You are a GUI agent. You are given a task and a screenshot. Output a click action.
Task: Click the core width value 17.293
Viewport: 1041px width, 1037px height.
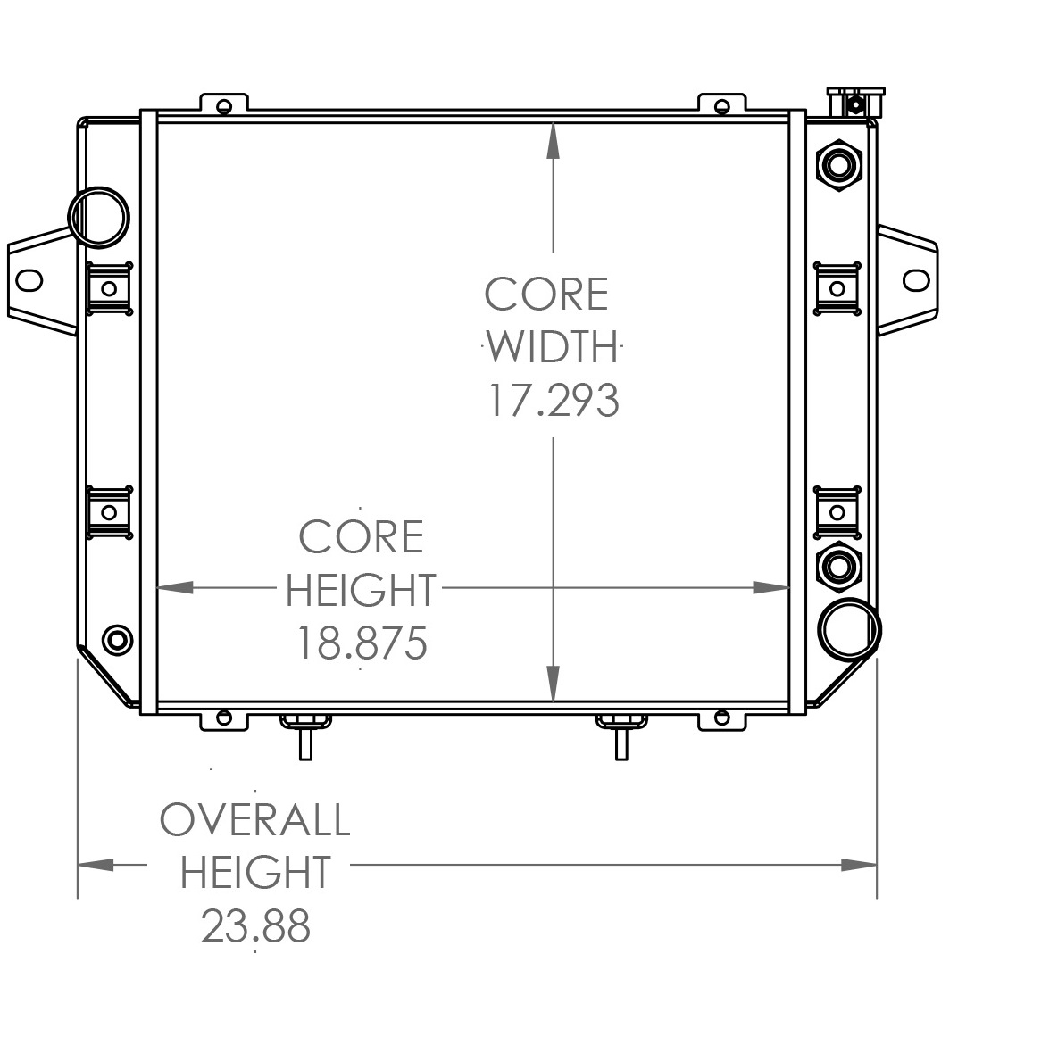click(552, 400)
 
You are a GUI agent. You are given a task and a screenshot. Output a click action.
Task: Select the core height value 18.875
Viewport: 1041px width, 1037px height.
click(361, 643)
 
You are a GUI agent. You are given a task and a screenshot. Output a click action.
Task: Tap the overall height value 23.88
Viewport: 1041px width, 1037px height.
click(255, 926)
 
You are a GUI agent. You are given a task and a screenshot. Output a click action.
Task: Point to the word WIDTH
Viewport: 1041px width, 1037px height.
click(553, 347)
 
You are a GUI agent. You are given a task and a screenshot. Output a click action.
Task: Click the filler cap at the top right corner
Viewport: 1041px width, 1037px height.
click(855, 101)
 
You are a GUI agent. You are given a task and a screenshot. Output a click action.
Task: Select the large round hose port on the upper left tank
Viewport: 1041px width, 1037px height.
click(98, 217)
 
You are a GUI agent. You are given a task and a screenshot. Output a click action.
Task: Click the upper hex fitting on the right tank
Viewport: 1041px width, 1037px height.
click(838, 164)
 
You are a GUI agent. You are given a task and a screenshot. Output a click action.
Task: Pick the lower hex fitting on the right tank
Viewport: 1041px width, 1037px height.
click(837, 565)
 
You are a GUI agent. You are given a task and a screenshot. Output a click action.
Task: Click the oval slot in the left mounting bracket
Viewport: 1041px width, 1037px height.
click(29, 280)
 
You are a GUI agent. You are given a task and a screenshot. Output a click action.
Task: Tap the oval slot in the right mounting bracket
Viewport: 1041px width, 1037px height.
click(916, 280)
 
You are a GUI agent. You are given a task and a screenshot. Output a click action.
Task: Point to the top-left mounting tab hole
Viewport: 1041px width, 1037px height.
click(224, 106)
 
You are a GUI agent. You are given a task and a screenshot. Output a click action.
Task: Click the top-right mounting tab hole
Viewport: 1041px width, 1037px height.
click(721, 106)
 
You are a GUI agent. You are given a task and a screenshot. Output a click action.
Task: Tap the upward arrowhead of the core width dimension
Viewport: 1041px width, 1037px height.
click(554, 139)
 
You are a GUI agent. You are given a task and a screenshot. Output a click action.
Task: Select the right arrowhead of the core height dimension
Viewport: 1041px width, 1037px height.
click(771, 587)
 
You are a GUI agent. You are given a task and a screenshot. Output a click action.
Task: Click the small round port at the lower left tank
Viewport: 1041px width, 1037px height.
click(117, 639)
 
